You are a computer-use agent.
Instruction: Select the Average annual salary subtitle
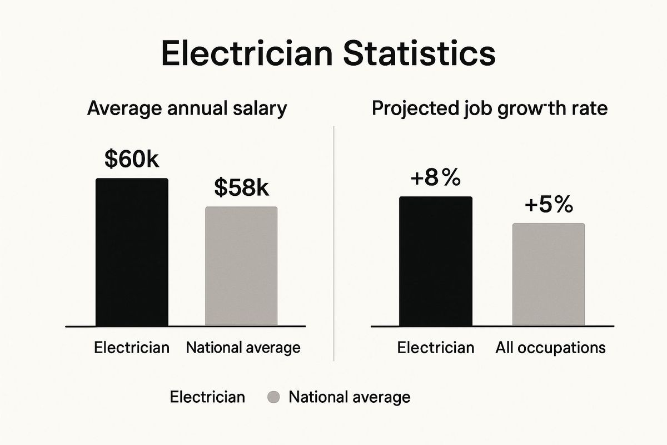[x=187, y=108]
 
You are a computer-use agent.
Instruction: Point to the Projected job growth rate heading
[x=489, y=108]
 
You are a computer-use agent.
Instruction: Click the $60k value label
[x=132, y=160]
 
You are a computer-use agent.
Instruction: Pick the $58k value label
[x=241, y=188]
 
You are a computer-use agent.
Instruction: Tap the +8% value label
[x=436, y=179]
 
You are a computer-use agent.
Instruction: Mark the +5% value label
[x=548, y=205]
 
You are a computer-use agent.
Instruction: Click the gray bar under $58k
[x=241, y=266]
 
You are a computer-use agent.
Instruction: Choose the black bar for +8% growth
[x=436, y=261]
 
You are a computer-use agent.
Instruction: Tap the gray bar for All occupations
[x=549, y=274]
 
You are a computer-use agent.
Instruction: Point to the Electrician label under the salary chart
[x=132, y=348]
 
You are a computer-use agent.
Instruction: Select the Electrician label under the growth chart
[x=436, y=348]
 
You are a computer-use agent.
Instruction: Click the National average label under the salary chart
[x=243, y=348]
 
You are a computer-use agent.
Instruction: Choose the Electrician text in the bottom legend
[x=207, y=397]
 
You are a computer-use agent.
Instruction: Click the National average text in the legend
[x=350, y=397]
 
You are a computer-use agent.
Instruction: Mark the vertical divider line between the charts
[x=332, y=245]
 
